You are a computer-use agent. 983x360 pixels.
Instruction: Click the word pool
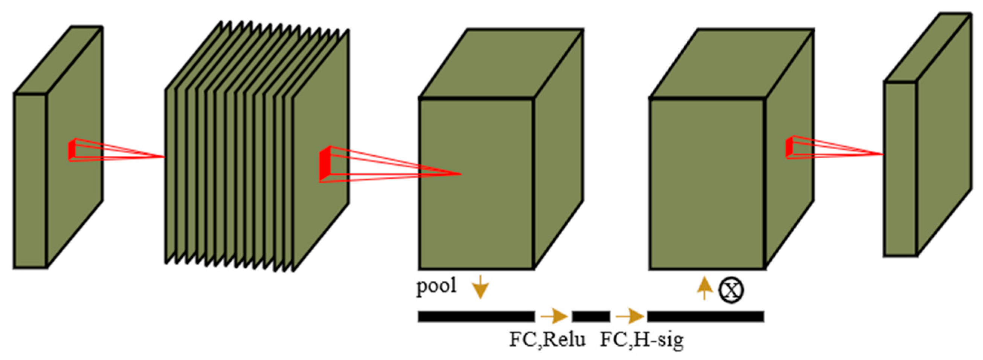point(436,286)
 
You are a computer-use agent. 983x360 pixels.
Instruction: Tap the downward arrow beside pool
point(481,287)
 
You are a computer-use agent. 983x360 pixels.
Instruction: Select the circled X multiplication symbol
point(731,291)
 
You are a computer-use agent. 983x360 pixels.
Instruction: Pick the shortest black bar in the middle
point(591,317)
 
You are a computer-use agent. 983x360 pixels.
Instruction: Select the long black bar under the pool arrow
point(476,317)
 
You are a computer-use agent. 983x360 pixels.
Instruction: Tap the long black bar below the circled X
point(705,317)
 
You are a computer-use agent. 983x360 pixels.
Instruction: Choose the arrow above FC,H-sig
point(630,316)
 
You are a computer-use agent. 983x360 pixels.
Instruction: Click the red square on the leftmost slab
point(72,150)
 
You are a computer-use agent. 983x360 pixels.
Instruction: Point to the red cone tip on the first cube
point(461,174)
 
